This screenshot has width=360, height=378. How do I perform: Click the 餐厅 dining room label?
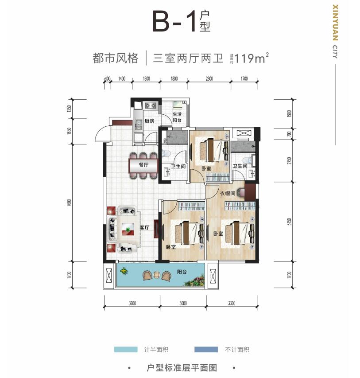tap(143, 164)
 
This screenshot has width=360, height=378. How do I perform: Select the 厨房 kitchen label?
tap(149, 121)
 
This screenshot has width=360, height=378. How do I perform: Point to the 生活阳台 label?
tap(177, 117)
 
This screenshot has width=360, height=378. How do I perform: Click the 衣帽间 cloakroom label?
tap(227, 193)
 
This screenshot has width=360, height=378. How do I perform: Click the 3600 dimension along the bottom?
tap(132, 303)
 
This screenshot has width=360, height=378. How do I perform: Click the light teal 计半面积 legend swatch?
tap(126, 349)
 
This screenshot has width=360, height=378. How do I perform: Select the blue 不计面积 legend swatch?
tap(206, 349)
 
